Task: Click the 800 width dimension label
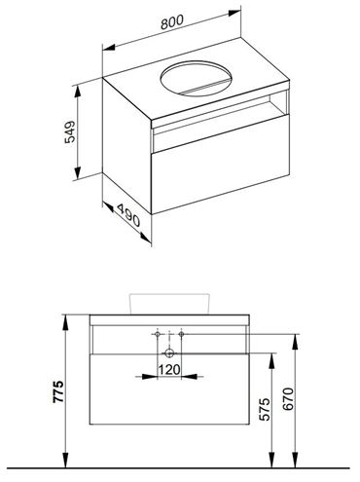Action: click(x=172, y=21)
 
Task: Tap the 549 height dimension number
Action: click(x=70, y=131)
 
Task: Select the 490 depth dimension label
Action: click(x=128, y=215)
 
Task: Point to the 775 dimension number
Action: click(x=58, y=391)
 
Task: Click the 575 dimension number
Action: click(x=266, y=409)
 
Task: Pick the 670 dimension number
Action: click(x=289, y=399)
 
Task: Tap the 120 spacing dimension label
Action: click(x=169, y=369)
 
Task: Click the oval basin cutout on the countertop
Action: click(x=197, y=78)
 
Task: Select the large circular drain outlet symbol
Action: click(x=169, y=352)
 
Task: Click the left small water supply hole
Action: click(x=158, y=334)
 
